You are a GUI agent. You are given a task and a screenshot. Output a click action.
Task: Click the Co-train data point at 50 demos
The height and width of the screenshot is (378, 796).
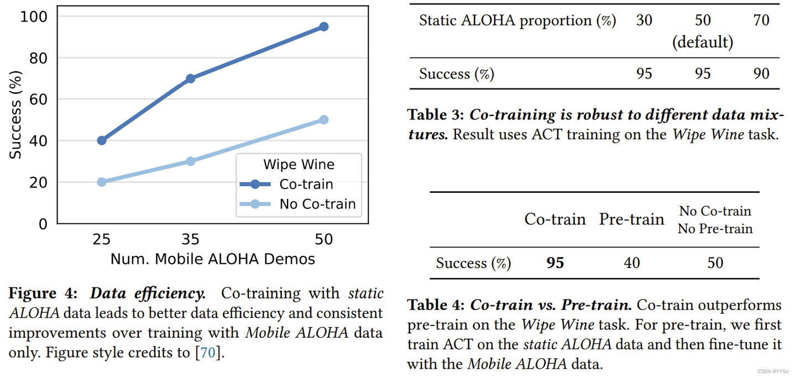pos(324,27)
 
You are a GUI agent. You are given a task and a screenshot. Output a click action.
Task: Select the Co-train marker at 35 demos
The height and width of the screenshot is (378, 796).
pos(191,78)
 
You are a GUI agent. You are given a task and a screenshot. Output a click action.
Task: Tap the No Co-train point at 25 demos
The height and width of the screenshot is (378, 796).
pos(102,182)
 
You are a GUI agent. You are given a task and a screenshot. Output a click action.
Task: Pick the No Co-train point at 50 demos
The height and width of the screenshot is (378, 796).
pos(324,120)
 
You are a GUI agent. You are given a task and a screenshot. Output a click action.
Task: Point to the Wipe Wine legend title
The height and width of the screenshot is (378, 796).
pos(298,165)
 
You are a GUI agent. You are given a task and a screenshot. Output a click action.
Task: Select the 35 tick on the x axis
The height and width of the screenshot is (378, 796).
pos(191,239)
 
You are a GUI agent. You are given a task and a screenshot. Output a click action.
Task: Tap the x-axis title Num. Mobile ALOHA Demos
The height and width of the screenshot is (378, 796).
pos(213,259)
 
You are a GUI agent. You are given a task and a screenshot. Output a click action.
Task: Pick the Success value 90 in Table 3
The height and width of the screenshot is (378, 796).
pos(761,74)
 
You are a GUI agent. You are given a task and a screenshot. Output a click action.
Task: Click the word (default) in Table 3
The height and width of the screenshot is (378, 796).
pos(703,43)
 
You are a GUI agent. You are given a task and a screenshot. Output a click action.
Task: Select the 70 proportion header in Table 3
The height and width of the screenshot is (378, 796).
pos(761,21)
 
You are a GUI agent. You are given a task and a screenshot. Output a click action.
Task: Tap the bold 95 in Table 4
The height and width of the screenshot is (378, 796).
pos(555,263)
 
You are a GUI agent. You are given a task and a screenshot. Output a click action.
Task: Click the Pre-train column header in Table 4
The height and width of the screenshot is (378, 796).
pos(631,219)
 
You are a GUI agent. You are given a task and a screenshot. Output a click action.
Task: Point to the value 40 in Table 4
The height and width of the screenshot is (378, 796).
pos(631,263)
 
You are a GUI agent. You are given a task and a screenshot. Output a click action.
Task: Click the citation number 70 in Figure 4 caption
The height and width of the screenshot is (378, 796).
pos(208,353)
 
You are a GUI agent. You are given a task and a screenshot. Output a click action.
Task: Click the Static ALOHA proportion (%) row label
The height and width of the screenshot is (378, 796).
pos(517,21)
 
